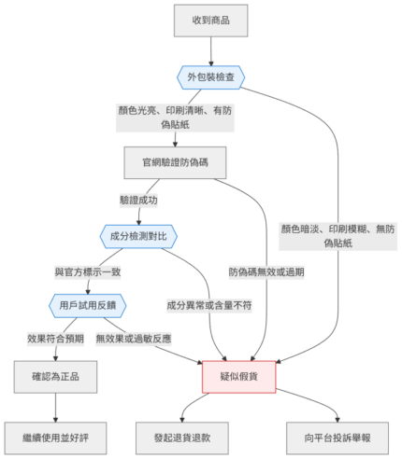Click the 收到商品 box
pyautogui.click(x=210, y=21)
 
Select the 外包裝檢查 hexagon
pyautogui.click(x=210, y=77)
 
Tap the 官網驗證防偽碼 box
pyautogui.click(x=175, y=162)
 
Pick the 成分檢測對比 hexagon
pyautogui.click(x=138, y=236)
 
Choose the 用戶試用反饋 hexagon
pyautogui.click(x=88, y=306)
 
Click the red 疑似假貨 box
pyautogui.click(x=239, y=377)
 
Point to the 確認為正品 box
pyautogui.click(x=55, y=377)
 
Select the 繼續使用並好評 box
pyautogui.click(x=55, y=438)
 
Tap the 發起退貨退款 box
pyautogui.click(x=182, y=438)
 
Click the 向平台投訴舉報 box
pyautogui.click(x=337, y=438)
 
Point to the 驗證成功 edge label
pyautogui.click(x=138, y=200)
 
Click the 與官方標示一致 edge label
pyautogui.click(x=88, y=272)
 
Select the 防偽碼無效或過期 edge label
pyautogui.click(x=266, y=272)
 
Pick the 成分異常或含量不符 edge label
pyautogui.click(x=209, y=306)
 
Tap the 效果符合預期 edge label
pyautogui.click(x=55, y=339)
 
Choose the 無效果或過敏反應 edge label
pyautogui.click(x=134, y=339)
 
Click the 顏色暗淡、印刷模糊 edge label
pyautogui.click(x=337, y=236)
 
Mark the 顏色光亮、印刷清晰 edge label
pyautogui.click(x=175, y=118)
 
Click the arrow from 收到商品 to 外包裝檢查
pyautogui.click(x=210, y=51)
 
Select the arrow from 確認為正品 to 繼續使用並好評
pyautogui.click(x=55, y=408)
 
